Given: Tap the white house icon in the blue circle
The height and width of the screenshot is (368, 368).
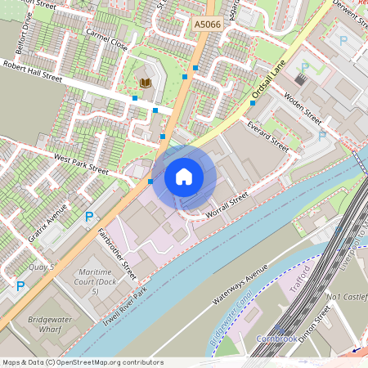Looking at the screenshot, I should click(x=184, y=177).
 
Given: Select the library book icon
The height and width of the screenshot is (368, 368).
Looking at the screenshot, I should click(x=146, y=83).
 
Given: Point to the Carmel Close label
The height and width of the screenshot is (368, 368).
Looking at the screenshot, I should click(x=106, y=40).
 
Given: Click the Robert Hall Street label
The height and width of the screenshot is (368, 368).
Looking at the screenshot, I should click(x=33, y=71).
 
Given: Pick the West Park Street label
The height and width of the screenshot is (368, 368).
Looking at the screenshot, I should click(x=81, y=164).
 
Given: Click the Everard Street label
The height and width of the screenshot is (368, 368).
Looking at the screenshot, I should click(x=267, y=137).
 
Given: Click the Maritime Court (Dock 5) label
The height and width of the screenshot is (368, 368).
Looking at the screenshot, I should click(x=94, y=281).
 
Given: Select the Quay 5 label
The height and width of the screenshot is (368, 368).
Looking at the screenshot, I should click(x=40, y=267).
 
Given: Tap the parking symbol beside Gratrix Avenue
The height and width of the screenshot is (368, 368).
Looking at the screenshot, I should click(x=88, y=217).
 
